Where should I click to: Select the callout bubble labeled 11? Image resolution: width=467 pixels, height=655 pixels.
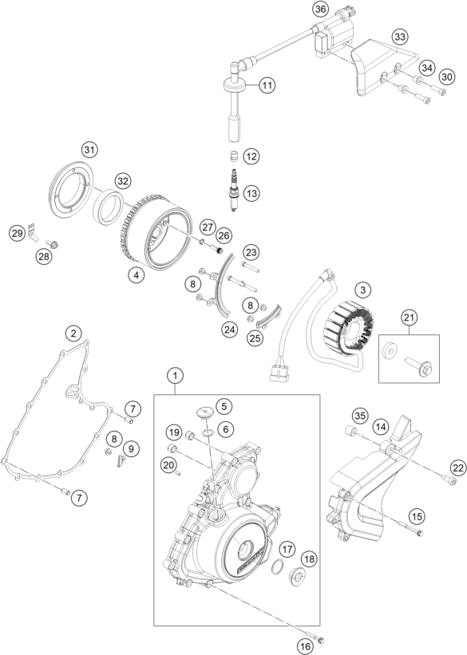tap(266, 84)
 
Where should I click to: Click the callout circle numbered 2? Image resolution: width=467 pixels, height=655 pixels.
tap(73, 332)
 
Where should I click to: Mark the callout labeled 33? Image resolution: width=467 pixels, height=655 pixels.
tap(399, 37)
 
